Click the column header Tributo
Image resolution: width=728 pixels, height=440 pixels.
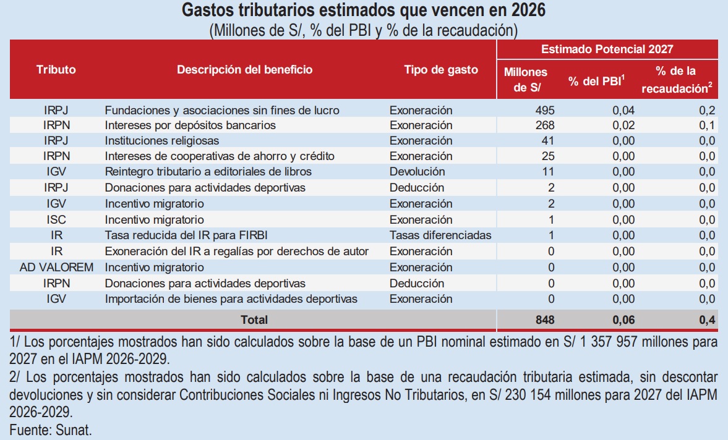pos(56,70)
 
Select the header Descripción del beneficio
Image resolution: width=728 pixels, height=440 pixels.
pos(245,70)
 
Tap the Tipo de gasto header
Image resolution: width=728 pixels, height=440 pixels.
pos(441,70)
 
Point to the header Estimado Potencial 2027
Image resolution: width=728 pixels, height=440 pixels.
pos(607,49)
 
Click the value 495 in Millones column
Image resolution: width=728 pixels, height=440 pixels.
pos(545,111)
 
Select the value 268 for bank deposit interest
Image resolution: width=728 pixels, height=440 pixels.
pos(545,125)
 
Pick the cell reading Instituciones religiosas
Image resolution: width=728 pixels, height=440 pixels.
pos(162,140)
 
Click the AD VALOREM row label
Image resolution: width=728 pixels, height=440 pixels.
pos(56,268)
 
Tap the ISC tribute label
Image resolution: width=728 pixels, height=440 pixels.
pos(56,220)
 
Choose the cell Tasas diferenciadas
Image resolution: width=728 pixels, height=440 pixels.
pos(440,235)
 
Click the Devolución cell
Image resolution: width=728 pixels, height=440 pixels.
pos(417,172)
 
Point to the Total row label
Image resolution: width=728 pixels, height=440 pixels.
pos(254,320)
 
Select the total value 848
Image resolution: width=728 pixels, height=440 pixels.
pos(544,320)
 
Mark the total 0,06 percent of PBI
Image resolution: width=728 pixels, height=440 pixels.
pos(623,320)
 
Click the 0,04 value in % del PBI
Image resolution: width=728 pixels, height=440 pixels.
pos(623,111)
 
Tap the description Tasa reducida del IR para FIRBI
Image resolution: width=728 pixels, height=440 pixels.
pos(186,235)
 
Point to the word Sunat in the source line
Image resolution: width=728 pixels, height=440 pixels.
pos(74,430)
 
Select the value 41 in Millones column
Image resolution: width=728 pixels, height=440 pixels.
pos(549,140)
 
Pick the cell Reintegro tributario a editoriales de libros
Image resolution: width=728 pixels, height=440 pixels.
pos(208,172)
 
